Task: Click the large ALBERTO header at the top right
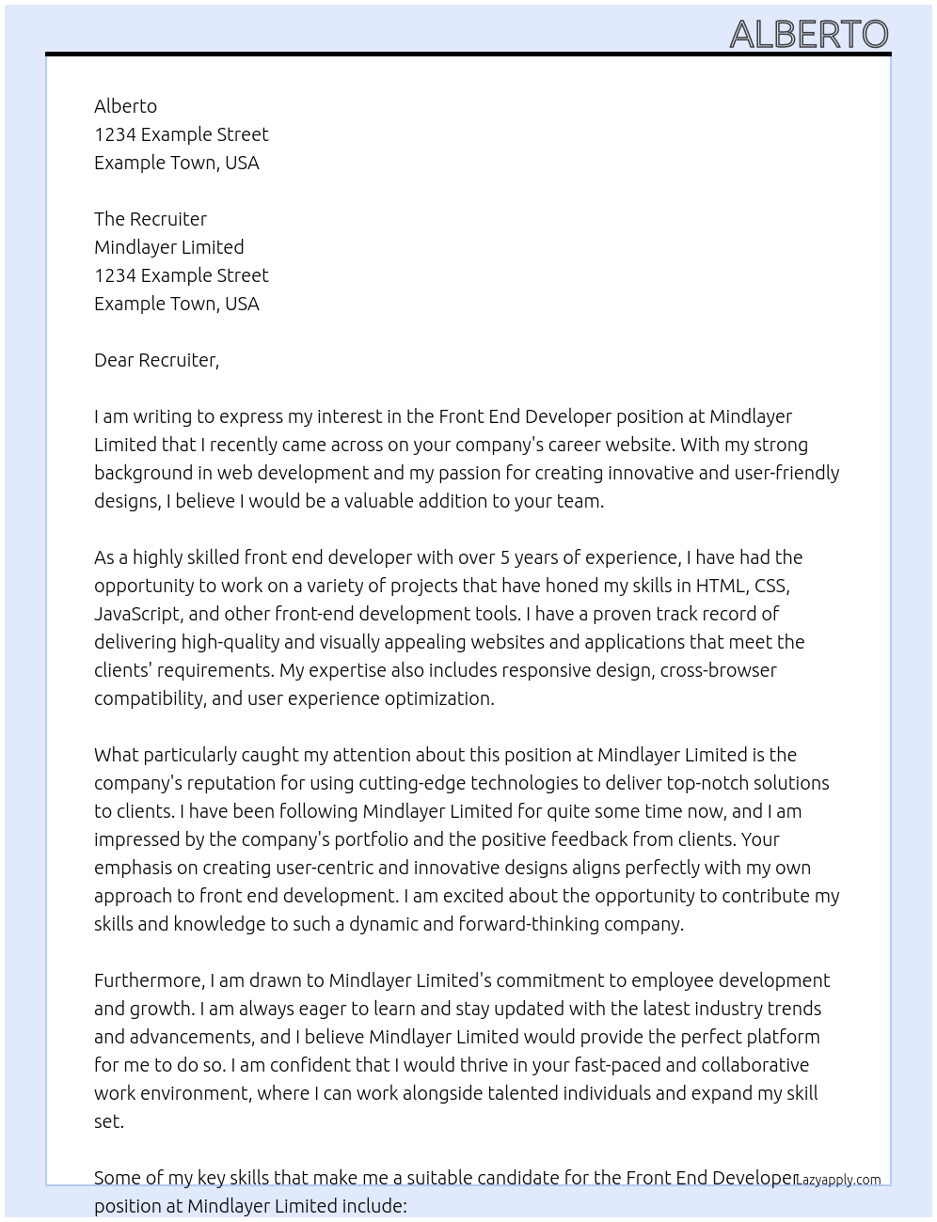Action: [x=808, y=34]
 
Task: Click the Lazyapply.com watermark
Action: [x=838, y=1180]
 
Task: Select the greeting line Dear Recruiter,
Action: [x=156, y=360]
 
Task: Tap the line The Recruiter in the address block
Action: [x=151, y=219]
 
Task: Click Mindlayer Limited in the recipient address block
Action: [x=169, y=247]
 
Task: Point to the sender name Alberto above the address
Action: [x=125, y=106]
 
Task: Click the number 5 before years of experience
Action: [x=504, y=557]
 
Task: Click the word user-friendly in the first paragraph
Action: [x=786, y=473]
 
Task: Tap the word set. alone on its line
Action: [x=109, y=1121]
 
